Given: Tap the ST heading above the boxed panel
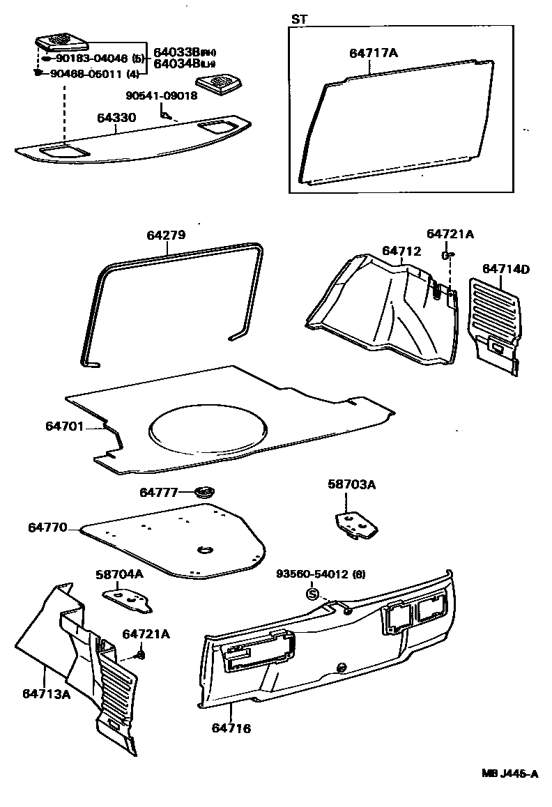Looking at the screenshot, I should (298, 20).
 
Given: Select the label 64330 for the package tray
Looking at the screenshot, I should (116, 119).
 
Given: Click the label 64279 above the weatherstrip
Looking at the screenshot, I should (166, 236).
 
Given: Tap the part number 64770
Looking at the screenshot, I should (48, 528).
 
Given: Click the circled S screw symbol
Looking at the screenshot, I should (312, 594).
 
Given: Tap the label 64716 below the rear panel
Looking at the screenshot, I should (231, 728).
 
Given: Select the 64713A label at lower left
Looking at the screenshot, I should (46, 693).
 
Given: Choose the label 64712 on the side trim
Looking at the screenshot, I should (401, 251).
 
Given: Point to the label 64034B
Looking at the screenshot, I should (176, 65).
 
